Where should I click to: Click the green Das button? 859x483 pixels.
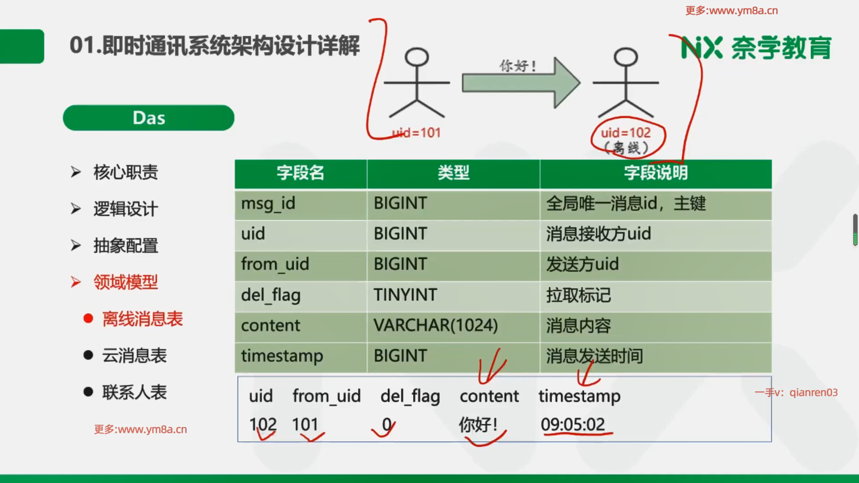149,118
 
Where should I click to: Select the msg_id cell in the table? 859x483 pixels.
301,204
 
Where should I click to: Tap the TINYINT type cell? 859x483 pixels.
453,296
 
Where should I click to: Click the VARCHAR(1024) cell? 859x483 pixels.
453,326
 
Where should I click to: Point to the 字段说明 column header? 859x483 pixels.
655,173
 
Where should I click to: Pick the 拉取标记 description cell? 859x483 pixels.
655,296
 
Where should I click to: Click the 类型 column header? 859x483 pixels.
453,173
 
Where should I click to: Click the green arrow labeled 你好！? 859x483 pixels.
521,83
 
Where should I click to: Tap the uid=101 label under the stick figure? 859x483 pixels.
416,133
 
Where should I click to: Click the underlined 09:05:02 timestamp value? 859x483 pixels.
573,424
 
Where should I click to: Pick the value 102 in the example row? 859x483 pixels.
263,424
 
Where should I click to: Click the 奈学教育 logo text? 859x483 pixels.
781,48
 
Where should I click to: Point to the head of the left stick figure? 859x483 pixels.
417,57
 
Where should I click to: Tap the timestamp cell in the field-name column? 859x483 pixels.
301,357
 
